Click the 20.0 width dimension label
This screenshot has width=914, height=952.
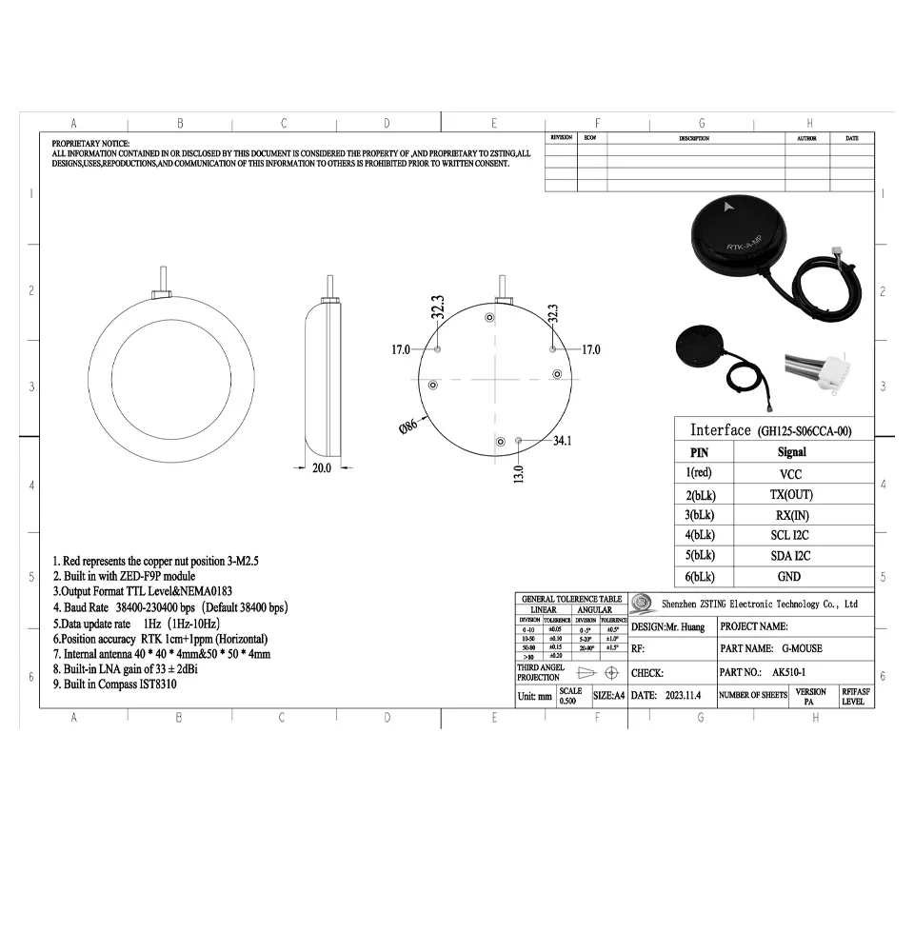pyautogui.click(x=322, y=467)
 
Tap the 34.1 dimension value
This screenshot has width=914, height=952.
pyautogui.click(x=562, y=441)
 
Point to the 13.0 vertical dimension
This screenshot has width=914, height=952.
pyautogui.click(x=518, y=471)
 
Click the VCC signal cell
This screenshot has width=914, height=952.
pyautogui.click(x=790, y=473)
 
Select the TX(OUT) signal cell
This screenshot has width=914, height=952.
pyautogui.click(x=790, y=494)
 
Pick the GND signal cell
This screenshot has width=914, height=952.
pyautogui.click(x=790, y=576)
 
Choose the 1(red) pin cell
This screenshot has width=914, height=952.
pyautogui.click(x=699, y=473)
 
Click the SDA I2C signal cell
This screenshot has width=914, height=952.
pyautogui.click(x=790, y=555)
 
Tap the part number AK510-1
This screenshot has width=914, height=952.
pyautogui.click(x=785, y=672)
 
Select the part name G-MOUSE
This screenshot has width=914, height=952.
pyautogui.click(x=795, y=648)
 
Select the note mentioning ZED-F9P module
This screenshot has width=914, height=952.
pyautogui.click(x=124, y=576)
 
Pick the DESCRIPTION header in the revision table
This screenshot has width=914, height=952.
pyautogui.click(x=694, y=138)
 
